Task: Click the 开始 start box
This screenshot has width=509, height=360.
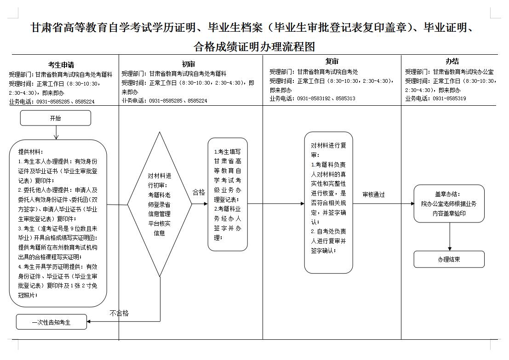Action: pyautogui.click(x=55, y=118)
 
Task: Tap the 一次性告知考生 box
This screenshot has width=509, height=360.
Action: pyautogui.click(x=51, y=322)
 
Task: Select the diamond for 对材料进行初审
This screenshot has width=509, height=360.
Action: pyautogui.click(x=159, y=204)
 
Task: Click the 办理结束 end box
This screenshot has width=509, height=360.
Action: pyautogui.click(x=449, y=259)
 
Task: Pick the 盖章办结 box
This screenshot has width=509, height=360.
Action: pyautogui.click(x=449, y=204)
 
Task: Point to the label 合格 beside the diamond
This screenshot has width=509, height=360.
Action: pyautogui.click(x=199, y=192)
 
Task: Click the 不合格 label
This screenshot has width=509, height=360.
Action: pyautogui.click(x=119, y=313)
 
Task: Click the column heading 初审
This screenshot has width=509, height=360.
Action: pyautogui.click(x=188, y=64)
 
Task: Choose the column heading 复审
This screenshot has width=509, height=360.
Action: pyautogui.click(x=332, y=61)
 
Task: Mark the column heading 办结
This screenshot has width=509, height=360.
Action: pyautogui.click(x=452, y=61)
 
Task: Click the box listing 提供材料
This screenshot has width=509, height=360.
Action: pyautogui.click(x=58, y=223)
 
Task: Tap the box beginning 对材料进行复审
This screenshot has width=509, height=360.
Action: pyautogui.click(x=328, y=202)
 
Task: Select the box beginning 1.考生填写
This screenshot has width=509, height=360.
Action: pyautogui.click(x=228, y=194)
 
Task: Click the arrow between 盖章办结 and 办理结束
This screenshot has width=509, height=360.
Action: pyautogui.click(x=449, y=237)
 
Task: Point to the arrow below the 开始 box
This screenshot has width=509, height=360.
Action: pyautogui.click(x=56, y=132)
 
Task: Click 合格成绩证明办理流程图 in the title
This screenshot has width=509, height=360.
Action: pyautogui.click(x=254, y=47)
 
